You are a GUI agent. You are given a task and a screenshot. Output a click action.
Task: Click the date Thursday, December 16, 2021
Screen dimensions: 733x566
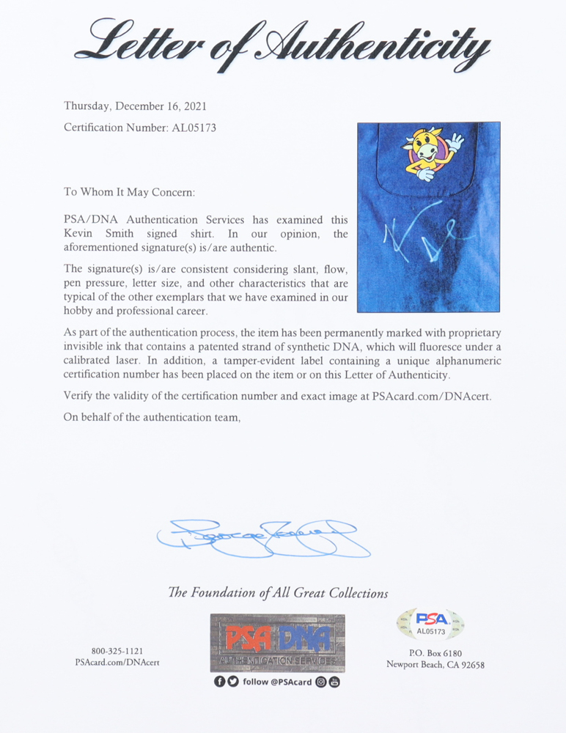click(x=135, y=106)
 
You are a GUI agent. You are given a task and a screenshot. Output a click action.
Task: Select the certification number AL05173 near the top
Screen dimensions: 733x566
click(x=193, y=128)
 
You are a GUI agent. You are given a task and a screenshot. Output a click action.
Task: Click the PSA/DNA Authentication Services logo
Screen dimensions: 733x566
click(x=277, y=643)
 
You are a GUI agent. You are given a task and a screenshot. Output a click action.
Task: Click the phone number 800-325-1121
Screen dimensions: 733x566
click(x=117, y=651)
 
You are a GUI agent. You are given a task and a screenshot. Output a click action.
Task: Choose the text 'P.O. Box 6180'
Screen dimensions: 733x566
click(x=435, y=653)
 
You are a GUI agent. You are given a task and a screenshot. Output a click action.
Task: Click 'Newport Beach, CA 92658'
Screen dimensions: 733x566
click(x=435, y=665)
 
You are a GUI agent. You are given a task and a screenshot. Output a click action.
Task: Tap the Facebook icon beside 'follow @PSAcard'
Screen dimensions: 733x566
click(x=219, y=682)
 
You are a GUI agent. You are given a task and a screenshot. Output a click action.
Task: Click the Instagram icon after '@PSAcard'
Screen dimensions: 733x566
click(x=321, y=682)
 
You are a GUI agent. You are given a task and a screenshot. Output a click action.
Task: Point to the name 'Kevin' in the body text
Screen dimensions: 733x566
click(x=78, y=234)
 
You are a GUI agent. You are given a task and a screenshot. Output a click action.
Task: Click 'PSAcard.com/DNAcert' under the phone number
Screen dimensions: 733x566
click(x=117, y=663)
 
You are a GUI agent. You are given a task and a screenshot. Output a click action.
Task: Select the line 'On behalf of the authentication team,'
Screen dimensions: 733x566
click(x=152, y=417)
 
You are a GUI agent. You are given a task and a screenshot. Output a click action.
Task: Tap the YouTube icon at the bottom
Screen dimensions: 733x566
click(x=334, y=682)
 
